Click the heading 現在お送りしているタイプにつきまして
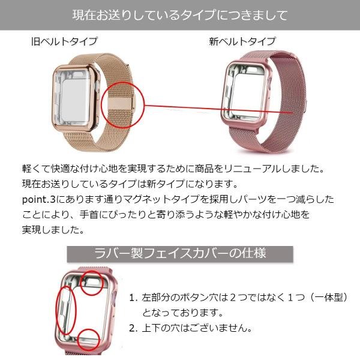[179, 14]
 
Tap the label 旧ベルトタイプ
[64, 41]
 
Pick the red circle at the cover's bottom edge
[89, 338]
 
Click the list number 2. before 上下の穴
[133, 328]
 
